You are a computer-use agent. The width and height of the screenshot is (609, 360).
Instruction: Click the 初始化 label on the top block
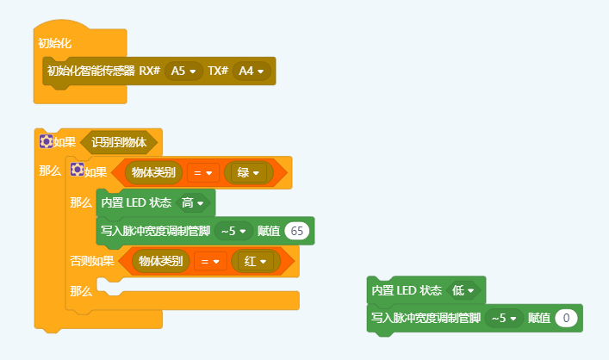[x=54, y=42]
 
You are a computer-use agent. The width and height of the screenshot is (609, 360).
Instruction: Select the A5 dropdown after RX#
[x=183, y=71]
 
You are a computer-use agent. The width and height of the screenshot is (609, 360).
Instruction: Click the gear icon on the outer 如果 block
[x=46, y=141]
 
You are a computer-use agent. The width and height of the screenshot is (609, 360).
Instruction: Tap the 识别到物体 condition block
[x=119, y=142]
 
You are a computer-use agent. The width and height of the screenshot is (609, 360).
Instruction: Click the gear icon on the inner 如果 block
[x=77, y=171]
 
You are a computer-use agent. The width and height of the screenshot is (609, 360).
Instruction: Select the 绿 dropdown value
[x=248, y=173]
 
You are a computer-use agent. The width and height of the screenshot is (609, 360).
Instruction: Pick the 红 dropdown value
[x=256, y=261]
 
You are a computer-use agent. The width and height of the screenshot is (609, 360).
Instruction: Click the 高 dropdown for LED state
[x=192, y=202]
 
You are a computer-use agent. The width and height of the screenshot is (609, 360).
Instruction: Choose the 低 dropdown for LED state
[x=463, y=290]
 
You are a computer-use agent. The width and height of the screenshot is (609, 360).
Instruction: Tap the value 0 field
[x=565, y=318]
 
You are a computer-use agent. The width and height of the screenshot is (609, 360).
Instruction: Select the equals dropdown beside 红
[x=210, y=261]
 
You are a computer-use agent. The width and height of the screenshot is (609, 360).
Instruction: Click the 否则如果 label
[x=91, y=261]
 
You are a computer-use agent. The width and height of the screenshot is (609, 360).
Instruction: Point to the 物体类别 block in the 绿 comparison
[x=153, y=173]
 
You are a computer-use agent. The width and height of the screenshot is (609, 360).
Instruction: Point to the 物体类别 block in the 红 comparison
[x=160, y=261]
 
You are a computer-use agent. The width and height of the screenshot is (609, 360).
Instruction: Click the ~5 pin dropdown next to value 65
[x=233, y=230]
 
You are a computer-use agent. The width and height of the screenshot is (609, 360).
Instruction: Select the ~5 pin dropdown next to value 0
[x=504, y=318]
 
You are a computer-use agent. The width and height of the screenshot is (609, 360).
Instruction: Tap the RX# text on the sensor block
[x=150, y=71]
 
